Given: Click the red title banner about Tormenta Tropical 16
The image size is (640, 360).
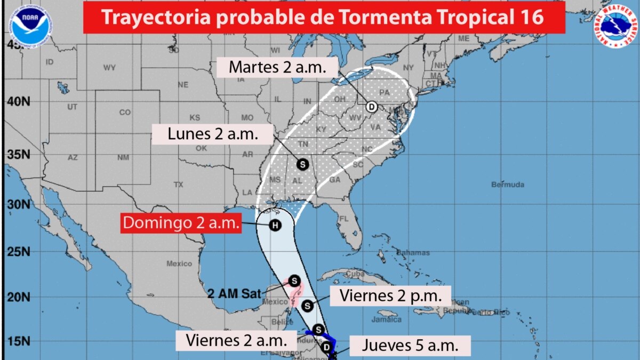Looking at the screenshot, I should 324,17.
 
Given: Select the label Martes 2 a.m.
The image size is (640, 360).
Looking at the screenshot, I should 277,67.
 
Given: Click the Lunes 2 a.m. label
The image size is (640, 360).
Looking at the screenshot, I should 213,134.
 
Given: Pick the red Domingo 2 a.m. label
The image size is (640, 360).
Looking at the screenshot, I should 181,223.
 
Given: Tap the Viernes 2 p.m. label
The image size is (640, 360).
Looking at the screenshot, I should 390,296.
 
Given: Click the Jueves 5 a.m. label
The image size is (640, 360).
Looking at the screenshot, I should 410,345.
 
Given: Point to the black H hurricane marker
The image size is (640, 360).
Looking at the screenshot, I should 275,225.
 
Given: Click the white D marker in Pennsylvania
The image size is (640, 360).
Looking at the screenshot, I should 371,107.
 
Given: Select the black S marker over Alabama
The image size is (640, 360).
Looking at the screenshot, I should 302,164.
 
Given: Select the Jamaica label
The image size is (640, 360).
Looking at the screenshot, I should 388,319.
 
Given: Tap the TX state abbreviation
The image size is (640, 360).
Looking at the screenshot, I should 178,185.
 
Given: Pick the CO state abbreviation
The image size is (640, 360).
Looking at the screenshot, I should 125,113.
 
